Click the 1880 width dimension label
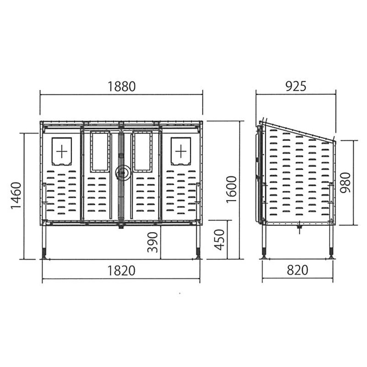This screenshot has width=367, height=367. (x=122, y=86)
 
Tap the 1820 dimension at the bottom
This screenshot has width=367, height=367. (x=121, y=271)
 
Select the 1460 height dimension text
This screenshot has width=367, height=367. (x=16, y=195)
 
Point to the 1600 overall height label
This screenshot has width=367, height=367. (x=232, y=189)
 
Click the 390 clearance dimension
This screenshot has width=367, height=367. (x=152, y=243)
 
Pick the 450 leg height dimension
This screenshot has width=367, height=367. (x=219, y=240)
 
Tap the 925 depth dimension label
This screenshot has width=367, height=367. (x=296, y=86)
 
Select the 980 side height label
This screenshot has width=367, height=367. (x=345, y=183)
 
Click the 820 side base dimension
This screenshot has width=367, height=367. (x=297, y=270)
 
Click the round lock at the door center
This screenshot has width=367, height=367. (x=121, y=172)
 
